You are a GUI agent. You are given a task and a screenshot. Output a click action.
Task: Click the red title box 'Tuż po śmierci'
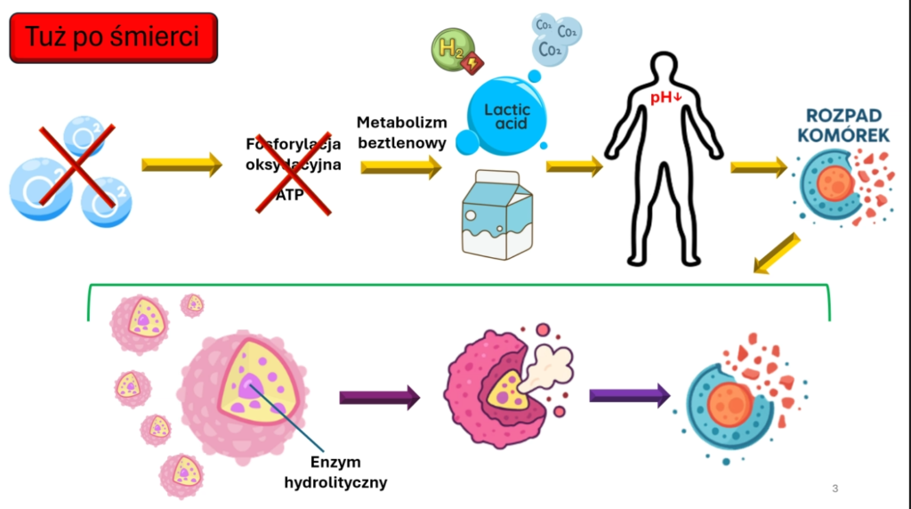tap(113, 37)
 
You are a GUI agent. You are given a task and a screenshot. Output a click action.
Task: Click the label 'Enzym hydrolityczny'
tap(335, 473)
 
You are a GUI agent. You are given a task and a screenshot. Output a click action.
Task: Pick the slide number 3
tap(834, 488)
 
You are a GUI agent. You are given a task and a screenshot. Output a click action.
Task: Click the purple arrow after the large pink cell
tap(379, 397)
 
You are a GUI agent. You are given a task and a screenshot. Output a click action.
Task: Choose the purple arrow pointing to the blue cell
tap(629, 393)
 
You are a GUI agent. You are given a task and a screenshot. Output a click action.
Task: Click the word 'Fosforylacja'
tap(294, 143)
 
